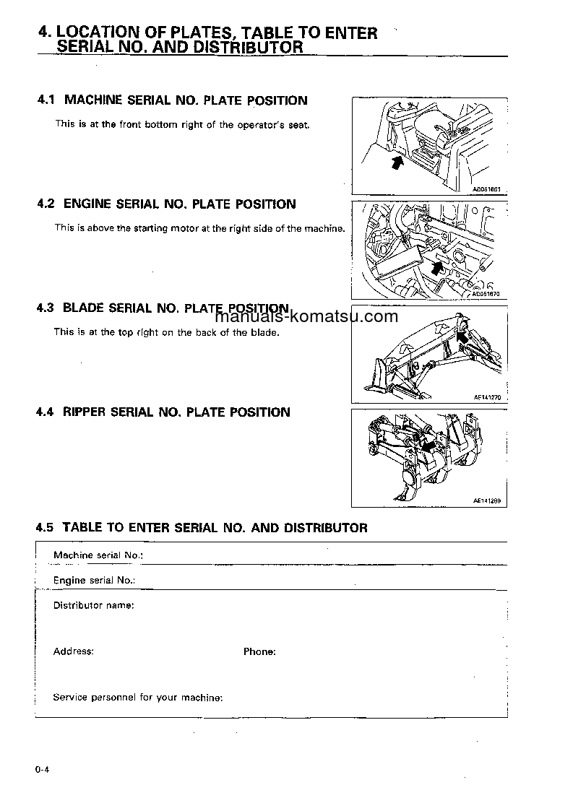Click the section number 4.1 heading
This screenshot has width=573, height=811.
46,100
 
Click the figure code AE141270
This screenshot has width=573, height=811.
487,398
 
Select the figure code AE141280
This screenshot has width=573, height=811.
487,500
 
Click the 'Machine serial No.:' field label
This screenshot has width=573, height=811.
98,555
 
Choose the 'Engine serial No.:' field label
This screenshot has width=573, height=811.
95,580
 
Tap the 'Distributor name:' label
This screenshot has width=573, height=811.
94,605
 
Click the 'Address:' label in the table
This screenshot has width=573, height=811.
74,651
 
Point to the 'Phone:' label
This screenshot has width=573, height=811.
259,651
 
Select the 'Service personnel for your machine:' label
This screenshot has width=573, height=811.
138,698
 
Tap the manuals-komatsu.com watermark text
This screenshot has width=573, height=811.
306,317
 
